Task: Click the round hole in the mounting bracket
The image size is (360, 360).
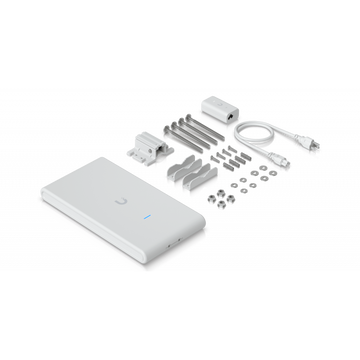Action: coord(147,144)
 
